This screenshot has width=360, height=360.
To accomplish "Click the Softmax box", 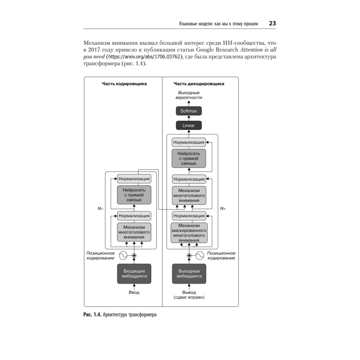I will pos(189,111).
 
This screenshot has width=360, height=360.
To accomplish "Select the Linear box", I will pos(189,125).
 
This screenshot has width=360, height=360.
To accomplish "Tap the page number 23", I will pos(272,23).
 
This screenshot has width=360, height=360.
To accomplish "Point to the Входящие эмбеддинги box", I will pos(134,274).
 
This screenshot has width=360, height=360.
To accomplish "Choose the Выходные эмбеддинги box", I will pos(189,274).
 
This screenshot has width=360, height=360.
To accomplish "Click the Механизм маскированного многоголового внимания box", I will pos(189,233).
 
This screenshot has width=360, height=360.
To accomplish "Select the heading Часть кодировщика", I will pos(124,84).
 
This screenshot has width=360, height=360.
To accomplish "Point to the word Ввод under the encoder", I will pos(134,292).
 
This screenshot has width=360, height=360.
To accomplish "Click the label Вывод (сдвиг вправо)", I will pos(189,295).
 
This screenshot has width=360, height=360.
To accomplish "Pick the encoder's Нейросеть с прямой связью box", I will pos(134,195).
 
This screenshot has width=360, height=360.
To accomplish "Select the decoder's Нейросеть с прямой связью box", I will pos(189,158).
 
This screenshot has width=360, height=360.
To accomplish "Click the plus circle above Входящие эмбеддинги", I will pos(134,256).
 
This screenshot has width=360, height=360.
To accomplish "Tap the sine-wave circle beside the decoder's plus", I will pos(200,256).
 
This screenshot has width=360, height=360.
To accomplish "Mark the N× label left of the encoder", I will pos(100,208).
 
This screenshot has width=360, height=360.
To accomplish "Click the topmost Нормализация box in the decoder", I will pos(189,142).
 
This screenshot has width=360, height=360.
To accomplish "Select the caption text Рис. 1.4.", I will pos(92,315).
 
